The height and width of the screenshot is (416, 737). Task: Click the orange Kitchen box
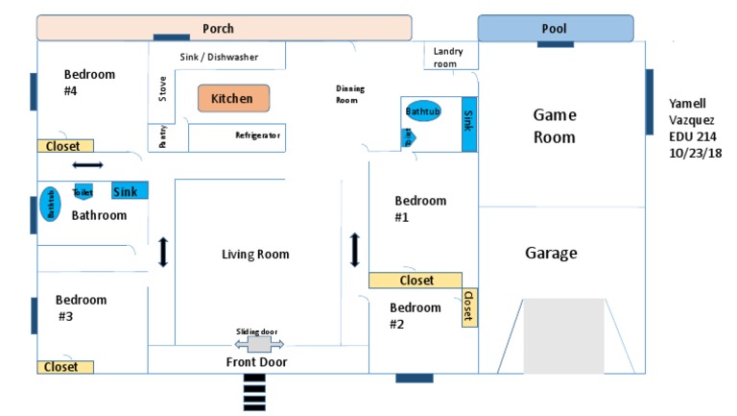[x=233, y=98]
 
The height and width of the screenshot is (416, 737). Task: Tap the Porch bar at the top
[x=224, y=28]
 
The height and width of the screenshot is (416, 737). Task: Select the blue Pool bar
[x=555, y=28]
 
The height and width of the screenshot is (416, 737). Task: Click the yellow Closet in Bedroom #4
[x=65, y=146]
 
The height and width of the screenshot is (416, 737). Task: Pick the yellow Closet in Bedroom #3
[x=65, y=366]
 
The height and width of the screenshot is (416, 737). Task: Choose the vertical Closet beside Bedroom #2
[x=469, y=306]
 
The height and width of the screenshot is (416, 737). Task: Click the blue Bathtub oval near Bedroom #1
[x=422, y=111]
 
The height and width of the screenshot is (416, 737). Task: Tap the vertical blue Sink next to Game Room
[x=469, y=123]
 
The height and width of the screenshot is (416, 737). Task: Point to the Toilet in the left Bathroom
[x=83, y=192]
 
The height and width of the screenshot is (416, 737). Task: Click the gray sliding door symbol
[x=259, y=343]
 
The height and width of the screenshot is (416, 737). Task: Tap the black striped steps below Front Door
[x=254, y=391]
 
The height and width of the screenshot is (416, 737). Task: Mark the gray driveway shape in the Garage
[x=564, y=335]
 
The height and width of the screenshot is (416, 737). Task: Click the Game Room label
[x=554, y=126]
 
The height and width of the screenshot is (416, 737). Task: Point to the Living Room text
[x=255, y=255]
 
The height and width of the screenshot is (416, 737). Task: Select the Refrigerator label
[x=257, y=135]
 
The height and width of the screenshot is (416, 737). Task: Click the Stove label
[x=162, y=89]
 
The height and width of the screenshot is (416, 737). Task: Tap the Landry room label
[x=449, y=57]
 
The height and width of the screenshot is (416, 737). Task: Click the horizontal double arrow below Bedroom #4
[x=87, y=166]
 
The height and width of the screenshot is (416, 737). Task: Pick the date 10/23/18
[x=696, y=153]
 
